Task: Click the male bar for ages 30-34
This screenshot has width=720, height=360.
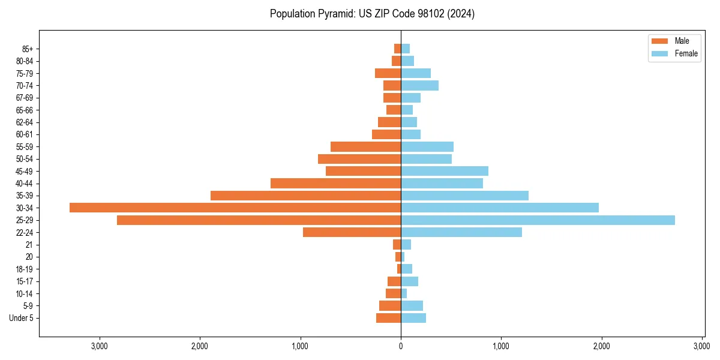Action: [235, 208]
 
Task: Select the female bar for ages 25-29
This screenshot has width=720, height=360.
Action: [538, 220]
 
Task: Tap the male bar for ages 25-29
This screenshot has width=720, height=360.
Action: [259, 220]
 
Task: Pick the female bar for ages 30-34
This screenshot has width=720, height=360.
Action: [500, 208]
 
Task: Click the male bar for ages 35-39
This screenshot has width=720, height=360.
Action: [305, 196]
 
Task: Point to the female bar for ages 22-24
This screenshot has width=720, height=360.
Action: [461, 232]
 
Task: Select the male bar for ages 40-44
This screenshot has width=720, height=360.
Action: [335, 183]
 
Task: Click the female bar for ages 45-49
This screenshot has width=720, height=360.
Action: [445, 171]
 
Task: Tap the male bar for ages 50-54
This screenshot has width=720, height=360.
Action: [359, 159]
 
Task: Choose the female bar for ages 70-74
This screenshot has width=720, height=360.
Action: [420, 85]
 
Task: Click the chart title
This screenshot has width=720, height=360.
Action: [372, 14]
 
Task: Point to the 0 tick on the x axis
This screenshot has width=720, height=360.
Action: [401, 346]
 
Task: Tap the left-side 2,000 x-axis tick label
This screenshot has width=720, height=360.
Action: [200, 346]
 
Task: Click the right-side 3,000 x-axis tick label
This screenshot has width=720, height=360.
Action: [702, 346]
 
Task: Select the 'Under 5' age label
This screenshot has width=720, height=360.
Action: [22, 318]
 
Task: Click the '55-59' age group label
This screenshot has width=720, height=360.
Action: [24, 146]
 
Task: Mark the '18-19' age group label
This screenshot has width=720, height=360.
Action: [24, 269]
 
